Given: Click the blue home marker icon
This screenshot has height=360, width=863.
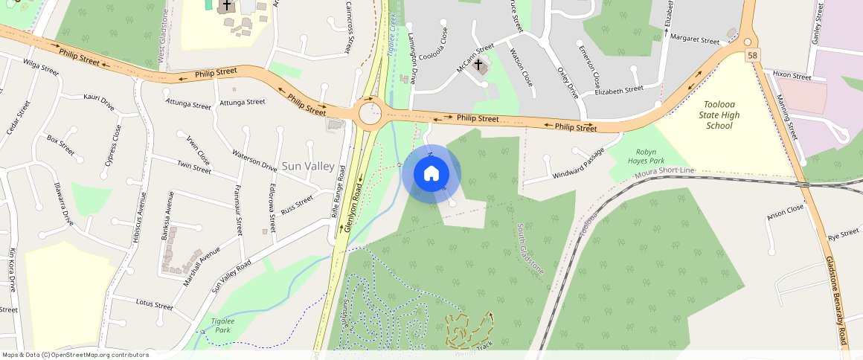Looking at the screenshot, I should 431,174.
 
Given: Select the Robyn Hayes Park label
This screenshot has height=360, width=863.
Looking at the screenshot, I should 645,155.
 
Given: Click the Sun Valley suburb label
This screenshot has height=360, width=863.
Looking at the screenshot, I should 307,166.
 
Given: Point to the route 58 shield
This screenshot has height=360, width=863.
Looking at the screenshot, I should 754,56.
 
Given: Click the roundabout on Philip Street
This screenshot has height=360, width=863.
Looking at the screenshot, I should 370,115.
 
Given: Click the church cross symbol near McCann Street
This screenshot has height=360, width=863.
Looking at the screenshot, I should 478,65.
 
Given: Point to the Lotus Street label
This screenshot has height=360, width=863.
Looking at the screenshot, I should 154,303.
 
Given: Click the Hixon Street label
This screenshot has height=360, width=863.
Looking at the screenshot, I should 792,76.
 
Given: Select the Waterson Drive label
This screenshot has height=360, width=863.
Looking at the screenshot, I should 254,161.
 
